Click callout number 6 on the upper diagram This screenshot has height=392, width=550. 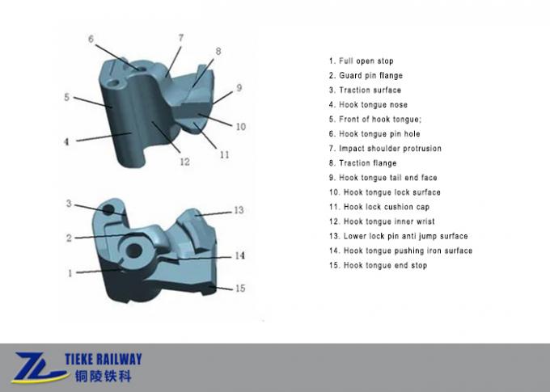[91, 38]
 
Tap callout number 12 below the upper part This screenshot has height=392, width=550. [184, 162]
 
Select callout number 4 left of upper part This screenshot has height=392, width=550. [67, 141]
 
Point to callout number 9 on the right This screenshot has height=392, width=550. [239, 87]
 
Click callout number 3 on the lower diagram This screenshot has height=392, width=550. [69, 204]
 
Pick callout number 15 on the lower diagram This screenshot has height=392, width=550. [239, 289]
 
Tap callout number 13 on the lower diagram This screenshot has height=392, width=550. [239, 210]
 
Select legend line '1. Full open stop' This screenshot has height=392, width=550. [361, 61]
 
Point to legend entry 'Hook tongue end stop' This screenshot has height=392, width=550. [378, 265]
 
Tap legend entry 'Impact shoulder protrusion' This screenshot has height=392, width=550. [385, 149]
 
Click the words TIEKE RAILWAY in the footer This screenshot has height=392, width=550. [99, 360]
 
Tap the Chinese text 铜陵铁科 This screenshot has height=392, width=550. [99, 377]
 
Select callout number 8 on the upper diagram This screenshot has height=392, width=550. [218, 52]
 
